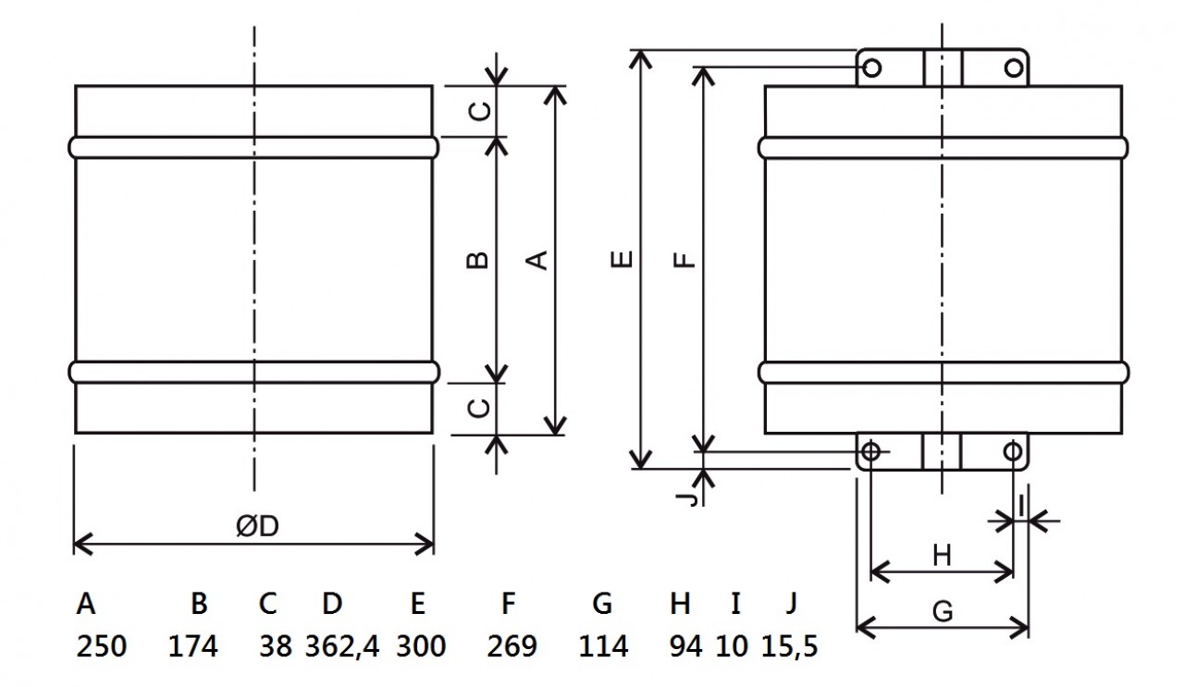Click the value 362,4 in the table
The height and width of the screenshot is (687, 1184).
click(x=342, y=646)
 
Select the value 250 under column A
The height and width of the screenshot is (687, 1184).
click(x=102, y=646)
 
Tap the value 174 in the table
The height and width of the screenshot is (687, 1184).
click(x=193, y=646)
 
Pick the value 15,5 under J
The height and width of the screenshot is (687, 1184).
click(x=789, y=646)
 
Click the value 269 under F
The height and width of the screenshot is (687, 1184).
click(x=512, y=646)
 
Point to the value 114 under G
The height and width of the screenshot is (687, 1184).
click(x=603, y=646)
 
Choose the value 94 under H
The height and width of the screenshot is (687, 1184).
click(x=685, y=646)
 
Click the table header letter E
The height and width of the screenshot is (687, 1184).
click(x=417, y=603)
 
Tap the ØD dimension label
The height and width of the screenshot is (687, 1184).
click(x=257, y=526)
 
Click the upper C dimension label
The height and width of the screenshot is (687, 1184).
click(x=480, y=111)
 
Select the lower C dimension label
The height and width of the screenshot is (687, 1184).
click(x=480, y=408)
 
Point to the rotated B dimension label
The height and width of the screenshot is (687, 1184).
click(x=478, y=260)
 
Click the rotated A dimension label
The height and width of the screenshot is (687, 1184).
click(x=537, y=260)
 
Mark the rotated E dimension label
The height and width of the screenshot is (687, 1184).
click(x=622, y=259)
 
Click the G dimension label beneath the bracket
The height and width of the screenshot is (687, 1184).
click(x=943, y=611)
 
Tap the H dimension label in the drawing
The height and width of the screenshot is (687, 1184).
click(x=942, y=556)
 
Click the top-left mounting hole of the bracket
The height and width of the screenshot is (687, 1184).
click(x=871, y=67)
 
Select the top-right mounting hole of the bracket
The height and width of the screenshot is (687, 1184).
click(x=1014, y=67)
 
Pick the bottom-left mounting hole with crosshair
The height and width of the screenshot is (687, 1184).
click(x=870, y=452)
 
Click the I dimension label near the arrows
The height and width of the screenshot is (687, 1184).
click(x=1021, y=505)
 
